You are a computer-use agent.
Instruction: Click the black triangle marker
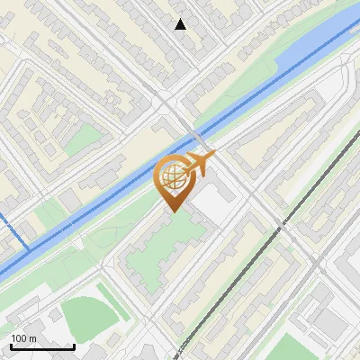pos(181,24)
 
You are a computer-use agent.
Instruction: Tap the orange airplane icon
pos(199,162)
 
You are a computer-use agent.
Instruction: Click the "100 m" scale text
pos(24,338)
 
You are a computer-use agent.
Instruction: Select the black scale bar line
pos(42,346)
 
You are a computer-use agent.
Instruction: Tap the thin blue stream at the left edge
pos(15,229)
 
